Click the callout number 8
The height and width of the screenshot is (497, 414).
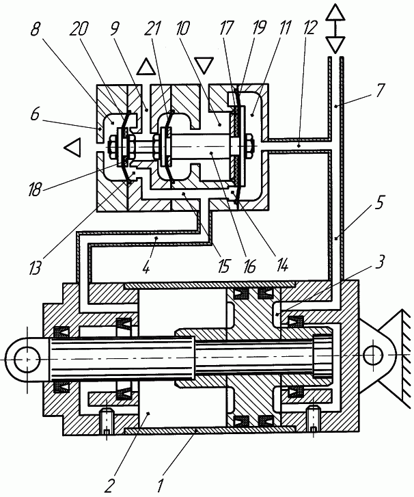pos(36,29)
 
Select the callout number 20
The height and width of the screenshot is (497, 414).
pos(79,29)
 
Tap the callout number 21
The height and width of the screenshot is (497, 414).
pos(152,29)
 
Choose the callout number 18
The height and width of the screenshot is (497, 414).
pos(35,189)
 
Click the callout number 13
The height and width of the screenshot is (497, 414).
pos(35,267)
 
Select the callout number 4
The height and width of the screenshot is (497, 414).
pos(146,268)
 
